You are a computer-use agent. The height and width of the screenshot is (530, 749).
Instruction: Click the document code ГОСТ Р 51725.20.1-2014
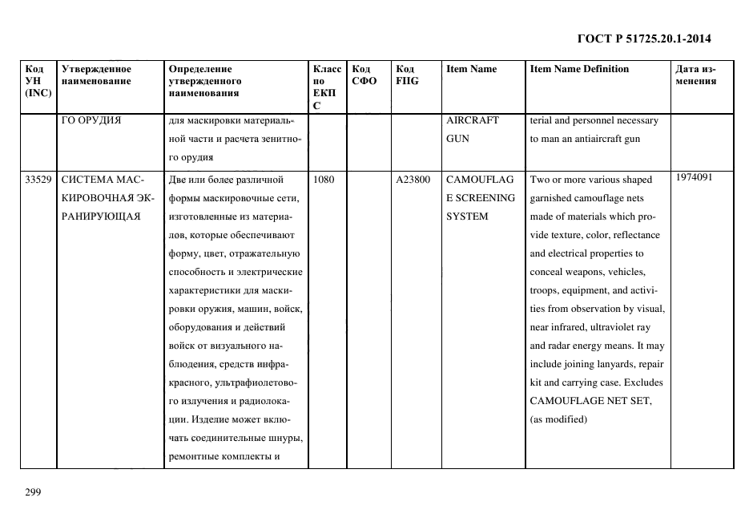645,38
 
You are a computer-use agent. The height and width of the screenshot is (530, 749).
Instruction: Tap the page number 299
33,492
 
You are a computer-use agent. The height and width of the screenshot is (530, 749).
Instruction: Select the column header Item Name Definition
579,69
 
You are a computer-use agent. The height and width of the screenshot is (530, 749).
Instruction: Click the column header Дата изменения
695,75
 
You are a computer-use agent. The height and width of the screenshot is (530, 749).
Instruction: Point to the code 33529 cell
38,180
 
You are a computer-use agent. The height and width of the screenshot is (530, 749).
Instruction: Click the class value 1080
324,180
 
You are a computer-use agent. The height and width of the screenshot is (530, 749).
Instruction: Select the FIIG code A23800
413,180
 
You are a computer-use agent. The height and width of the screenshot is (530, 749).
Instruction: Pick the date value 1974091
695,177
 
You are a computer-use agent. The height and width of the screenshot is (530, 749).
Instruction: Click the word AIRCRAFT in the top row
472,120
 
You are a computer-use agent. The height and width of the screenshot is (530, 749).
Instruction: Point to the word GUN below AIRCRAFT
457,139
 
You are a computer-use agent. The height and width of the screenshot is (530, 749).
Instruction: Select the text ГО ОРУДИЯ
91,120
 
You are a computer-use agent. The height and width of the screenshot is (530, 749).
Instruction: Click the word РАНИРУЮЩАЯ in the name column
101,216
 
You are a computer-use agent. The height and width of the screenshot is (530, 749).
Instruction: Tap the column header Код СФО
364,75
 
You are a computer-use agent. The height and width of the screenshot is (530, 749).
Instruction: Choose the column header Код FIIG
407,75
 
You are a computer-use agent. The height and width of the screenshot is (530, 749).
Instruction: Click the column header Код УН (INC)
38,81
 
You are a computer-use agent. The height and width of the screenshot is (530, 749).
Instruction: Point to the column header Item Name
471,69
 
